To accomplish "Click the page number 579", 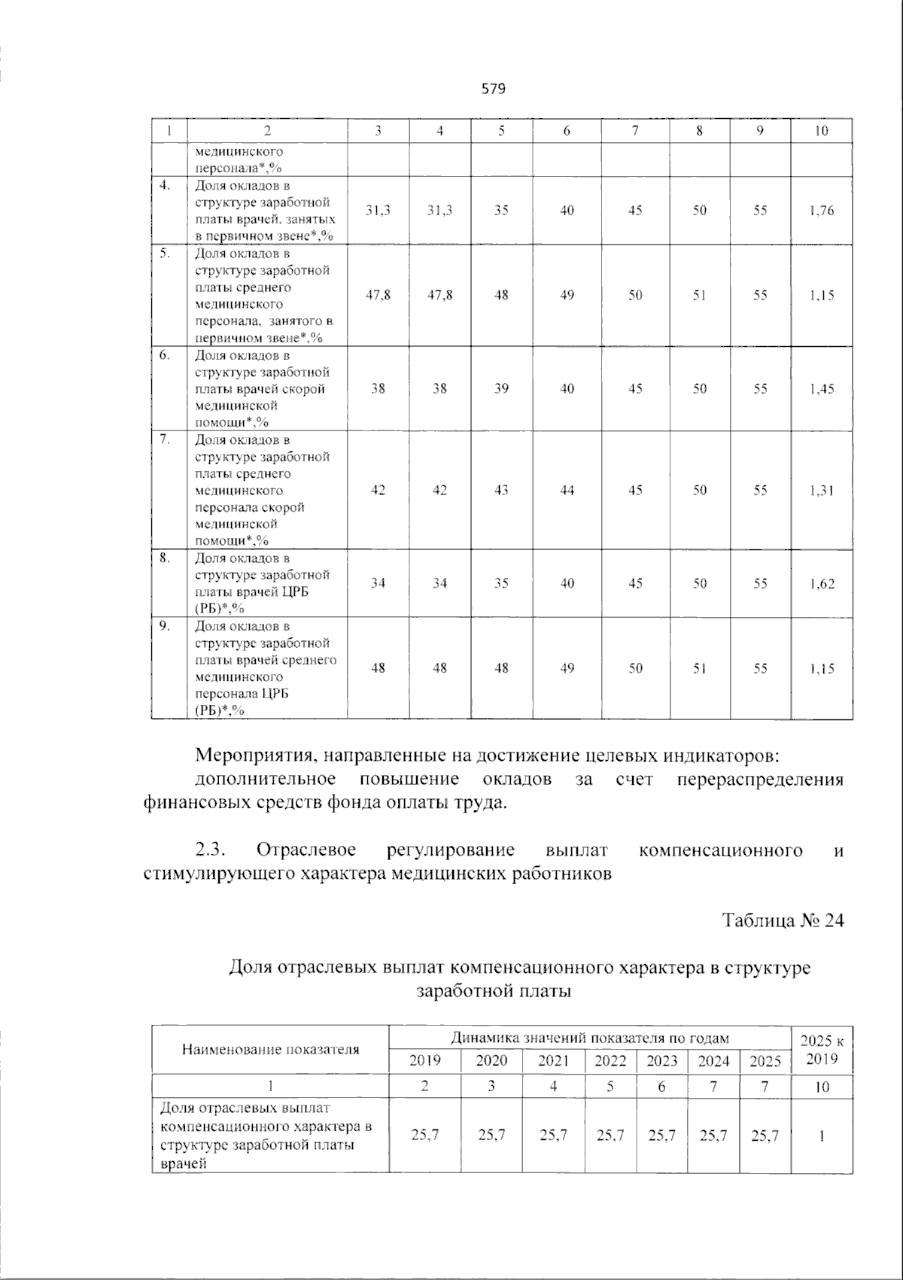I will (493, 90).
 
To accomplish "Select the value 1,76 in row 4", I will (822, 211).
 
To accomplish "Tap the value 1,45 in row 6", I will (822, 389).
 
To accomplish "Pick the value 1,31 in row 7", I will (822, 491).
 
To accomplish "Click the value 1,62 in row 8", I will (822, 583).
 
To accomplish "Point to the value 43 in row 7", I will (501, 491).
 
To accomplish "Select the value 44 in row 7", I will (567, 491).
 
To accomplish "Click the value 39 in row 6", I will (501, 389).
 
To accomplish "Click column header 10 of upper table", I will (822, 131).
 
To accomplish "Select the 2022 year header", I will (610, 1061).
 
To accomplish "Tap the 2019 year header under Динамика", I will (424, 1061).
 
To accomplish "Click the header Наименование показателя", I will (270, 1049).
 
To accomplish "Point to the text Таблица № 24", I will (783, 920).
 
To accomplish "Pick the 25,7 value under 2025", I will (765, 1136).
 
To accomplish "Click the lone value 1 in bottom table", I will (822, 1136).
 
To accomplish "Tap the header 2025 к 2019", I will (822, 1050).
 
